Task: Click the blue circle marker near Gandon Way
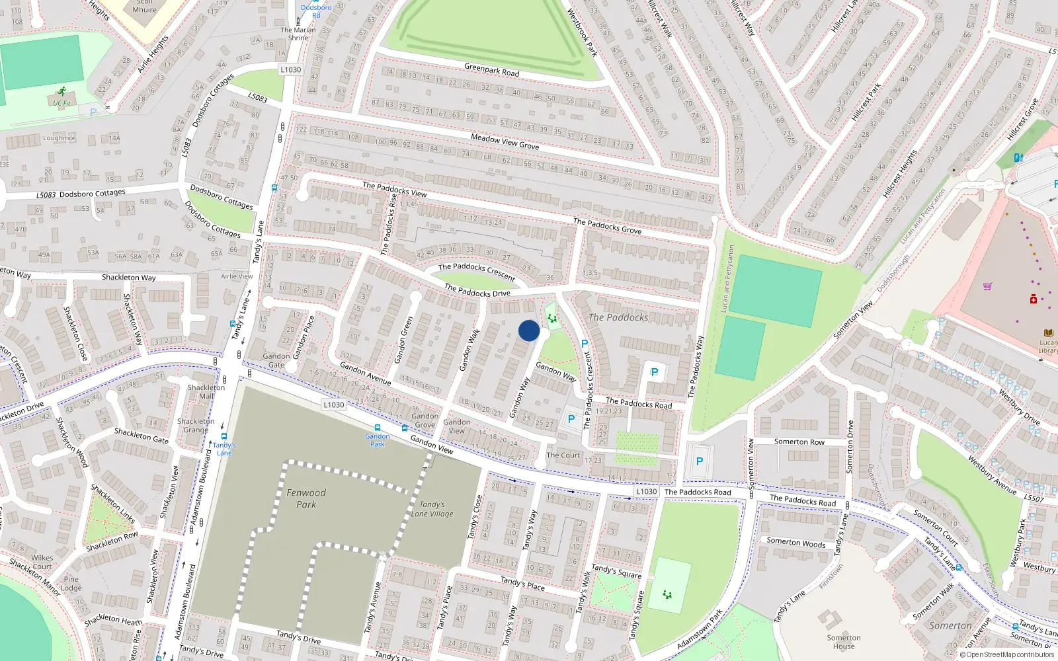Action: [528, 330]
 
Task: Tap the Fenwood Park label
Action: [305, 498]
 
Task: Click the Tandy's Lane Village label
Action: [432, 509]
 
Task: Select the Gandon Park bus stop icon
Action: [378, 428]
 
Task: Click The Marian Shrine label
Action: [298, 34]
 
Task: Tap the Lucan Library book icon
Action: [1048, 333]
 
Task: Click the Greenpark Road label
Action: [491, 69]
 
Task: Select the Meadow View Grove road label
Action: [505, 141]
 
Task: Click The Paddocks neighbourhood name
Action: [618, 317]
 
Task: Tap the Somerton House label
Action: [844, 642]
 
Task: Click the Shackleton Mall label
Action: [206, 392]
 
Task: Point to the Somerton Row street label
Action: [799, 442]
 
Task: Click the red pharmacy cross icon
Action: [1033, 299]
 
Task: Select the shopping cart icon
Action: [987, 286]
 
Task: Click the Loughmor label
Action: [59, 138]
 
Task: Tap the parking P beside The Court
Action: [571, 419]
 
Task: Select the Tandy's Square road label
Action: [616, 571]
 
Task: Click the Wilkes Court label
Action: [42, 562]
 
